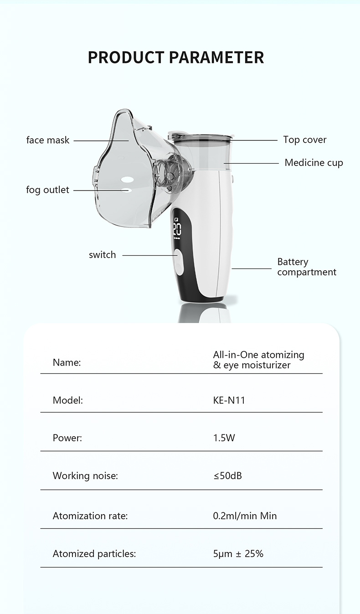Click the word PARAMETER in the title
point(216,58)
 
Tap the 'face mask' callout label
point(48,140)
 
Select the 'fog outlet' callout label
point(48,190)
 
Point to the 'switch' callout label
point(103,255)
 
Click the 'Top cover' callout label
point(305,140)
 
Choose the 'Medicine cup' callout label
point(314,163)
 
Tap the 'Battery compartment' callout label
point(306,267)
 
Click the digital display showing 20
point(177,229)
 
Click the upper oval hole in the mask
point(128,178)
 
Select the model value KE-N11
point(229,401)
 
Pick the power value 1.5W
point(224,438)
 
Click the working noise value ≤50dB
point(227,476)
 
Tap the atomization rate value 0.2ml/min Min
point(245,516)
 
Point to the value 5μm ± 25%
point(238,554)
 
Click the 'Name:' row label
point(67,363)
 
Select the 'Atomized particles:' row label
point(94,554)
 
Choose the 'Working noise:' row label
point(85,476)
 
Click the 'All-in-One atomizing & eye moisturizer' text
point(258,360)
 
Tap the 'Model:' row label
point(68,401)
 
